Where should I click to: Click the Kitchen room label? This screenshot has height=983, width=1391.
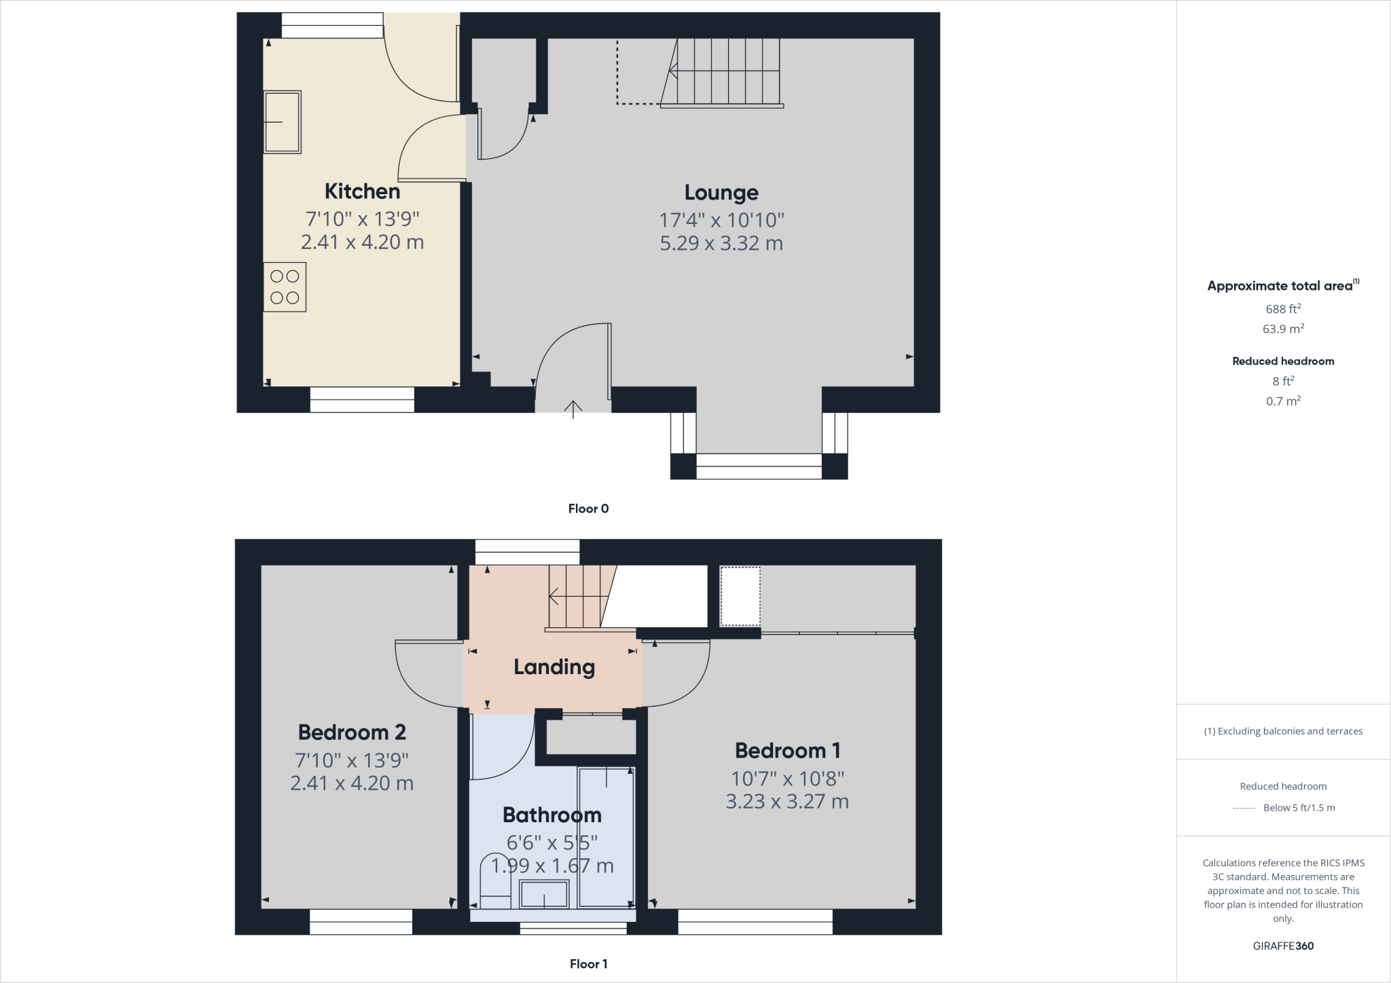tap(362, 191)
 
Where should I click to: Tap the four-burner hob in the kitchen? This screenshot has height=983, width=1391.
tap(285, 287)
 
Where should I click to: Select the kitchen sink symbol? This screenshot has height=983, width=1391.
tap(282, 122)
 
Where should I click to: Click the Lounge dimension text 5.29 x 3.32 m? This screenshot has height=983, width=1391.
tap(721, 243)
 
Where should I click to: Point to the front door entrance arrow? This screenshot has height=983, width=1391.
tap(573, 409)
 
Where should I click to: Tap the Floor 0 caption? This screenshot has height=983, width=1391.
tap(588, 508)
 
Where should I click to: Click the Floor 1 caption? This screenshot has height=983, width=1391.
tap(588, 963)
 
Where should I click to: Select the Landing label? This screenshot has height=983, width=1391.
tap(554, 667)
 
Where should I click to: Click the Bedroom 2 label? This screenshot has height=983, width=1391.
tap(352, 732)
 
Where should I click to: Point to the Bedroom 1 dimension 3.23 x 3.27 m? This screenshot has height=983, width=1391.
tap(787, 802)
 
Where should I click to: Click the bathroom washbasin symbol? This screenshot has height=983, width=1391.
tap(544, 894)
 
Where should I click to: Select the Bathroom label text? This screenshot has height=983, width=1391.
tap(552, 815)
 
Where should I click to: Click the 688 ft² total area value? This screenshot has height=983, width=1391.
tap(1283, 309)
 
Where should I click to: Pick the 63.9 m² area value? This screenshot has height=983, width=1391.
tap(1283, 329)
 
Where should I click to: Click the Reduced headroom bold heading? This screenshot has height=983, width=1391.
tap(1283, 361)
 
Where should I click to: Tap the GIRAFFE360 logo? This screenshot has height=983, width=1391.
tap(1283, 946)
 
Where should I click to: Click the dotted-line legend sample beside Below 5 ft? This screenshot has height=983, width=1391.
tap(1243, 809)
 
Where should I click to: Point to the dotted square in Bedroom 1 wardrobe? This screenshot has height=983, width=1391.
tap(740, 596)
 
